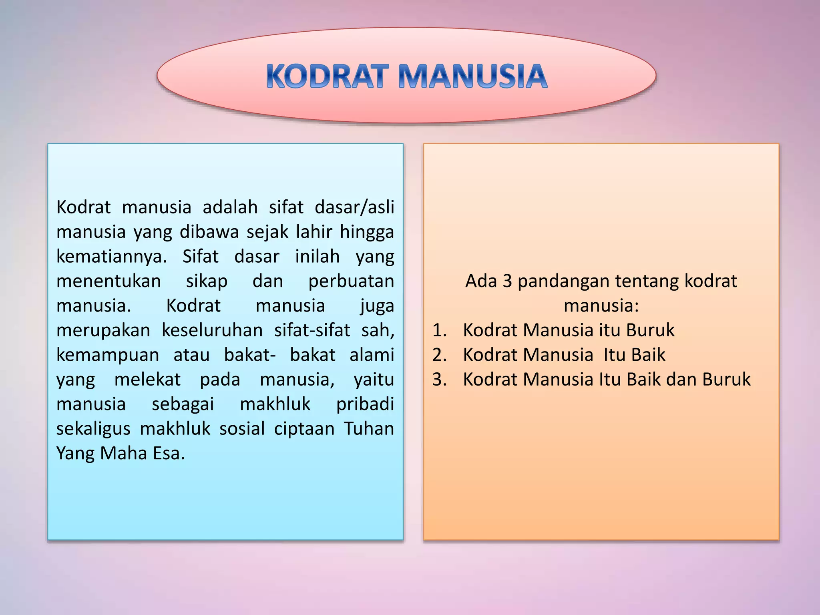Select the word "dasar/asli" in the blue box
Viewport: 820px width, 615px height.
click(354, 207)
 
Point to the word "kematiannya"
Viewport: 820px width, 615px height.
click(111, 257)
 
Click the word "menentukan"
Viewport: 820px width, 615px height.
click(109, 281)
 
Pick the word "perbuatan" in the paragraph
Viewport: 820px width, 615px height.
click(351, 281)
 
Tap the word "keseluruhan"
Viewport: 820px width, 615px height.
click(212, 330)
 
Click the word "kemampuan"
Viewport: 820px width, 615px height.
click(108, 355)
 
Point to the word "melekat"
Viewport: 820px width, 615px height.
click(147, 380)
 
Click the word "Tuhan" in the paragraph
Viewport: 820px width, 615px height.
click(369, 429)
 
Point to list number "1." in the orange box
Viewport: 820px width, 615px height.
click(439, 330)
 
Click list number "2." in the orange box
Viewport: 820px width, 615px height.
click(439, 355)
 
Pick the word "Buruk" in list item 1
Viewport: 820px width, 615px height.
click(650, 330)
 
